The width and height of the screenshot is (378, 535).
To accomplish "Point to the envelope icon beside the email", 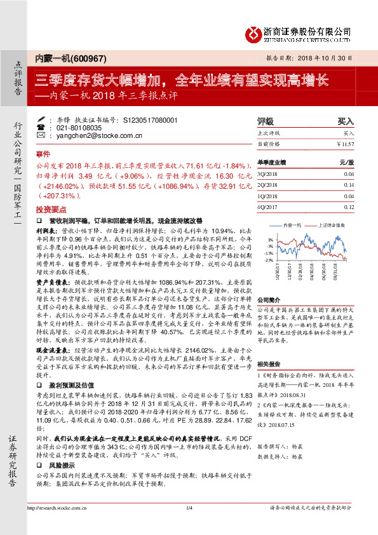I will point(41,135).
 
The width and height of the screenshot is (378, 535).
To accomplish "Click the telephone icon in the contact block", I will point(41,127).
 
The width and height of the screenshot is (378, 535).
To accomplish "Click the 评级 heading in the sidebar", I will point(265,120).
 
